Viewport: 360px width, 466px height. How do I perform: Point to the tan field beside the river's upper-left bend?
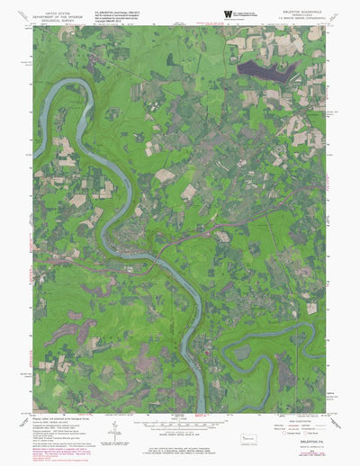click(64, 146)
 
